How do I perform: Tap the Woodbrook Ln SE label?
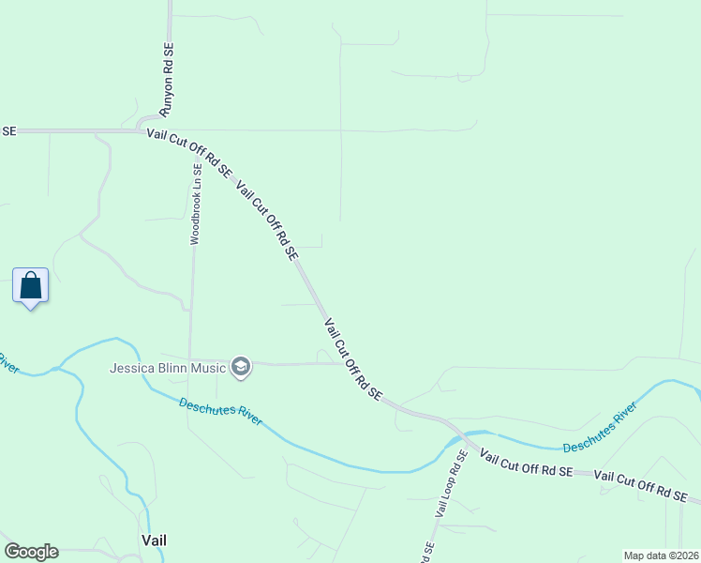click(196, 205)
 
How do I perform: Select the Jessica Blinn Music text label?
click(168, 368)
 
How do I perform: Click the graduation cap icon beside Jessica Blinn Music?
click(241, 367)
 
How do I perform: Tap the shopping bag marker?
click(30, 285)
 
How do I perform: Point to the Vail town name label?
click(154, 540)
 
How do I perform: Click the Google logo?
click(31, 552)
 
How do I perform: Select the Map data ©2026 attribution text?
click(661, 555)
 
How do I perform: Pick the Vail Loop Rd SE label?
click(451, 483)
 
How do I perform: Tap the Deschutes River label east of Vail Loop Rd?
click(599, 427)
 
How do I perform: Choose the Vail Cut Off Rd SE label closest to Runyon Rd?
click(188, 153)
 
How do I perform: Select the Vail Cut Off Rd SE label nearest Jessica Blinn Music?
click(353, 359)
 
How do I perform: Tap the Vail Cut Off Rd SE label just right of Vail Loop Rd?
click(526, 464)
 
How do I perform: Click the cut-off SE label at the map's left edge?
click(8, 131)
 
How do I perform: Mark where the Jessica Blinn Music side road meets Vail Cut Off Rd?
click(340, 363)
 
